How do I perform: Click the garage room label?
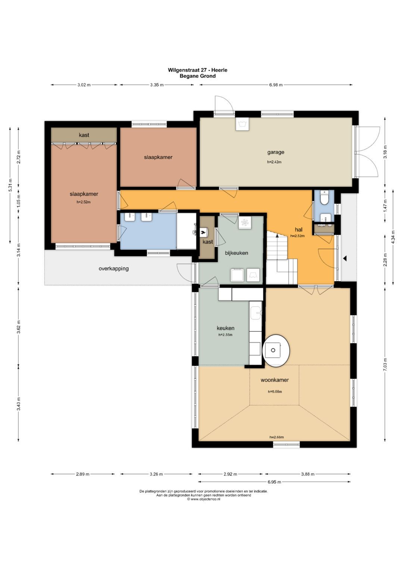point(275,152)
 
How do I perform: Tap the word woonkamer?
point(275,380)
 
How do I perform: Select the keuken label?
point(225,328)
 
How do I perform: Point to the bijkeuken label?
point(236,253)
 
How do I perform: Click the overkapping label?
point(113,269)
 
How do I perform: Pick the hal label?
point(299,230)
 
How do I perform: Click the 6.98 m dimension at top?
point(276,85)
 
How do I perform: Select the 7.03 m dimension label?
point(385,364)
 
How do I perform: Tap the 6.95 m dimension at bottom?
point(274,482)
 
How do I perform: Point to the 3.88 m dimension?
point(307,474)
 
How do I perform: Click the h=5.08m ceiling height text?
point(275,391)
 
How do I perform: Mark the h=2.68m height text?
point(277,437)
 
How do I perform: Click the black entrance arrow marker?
point(345,259)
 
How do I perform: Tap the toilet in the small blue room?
point(324,198)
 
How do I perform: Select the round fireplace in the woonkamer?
point(276,350)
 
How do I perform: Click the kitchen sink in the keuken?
point(256,313)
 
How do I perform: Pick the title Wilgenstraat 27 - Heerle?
point(197,70)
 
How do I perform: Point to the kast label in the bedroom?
point(84,135)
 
